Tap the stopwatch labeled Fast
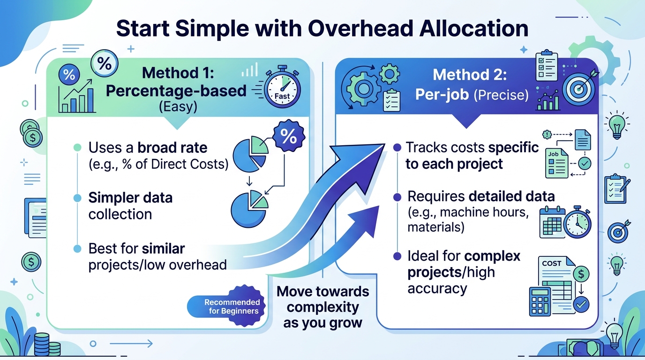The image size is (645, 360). coord(282,87)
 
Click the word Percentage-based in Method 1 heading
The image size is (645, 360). coord(176,90)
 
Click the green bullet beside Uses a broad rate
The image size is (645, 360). coord(77,148)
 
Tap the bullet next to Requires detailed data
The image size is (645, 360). coord(397,197)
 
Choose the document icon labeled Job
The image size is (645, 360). coord(556,163)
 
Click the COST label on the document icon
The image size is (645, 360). coord(551,263)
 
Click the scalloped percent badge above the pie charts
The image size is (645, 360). coord(289,135)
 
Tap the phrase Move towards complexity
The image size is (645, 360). coord(323,299)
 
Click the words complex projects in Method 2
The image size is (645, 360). coord(464,264)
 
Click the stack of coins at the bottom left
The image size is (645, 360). coord(46,345)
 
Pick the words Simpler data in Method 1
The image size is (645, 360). coord(130,197)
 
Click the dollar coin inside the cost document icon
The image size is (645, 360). coord(581,274)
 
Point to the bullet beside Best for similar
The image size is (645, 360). coord(77,248)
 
